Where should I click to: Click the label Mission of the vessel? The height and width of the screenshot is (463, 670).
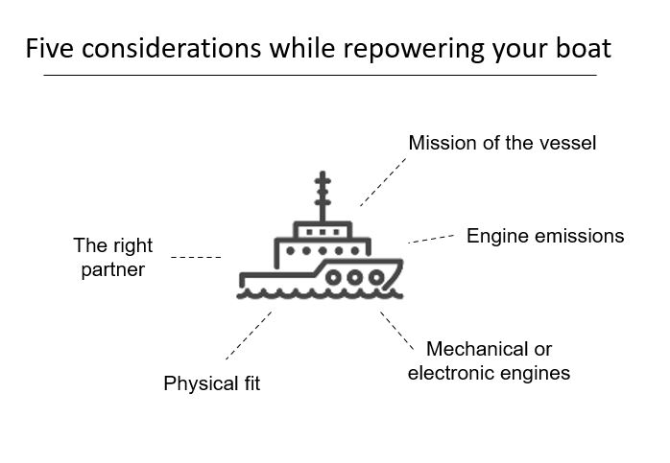point(502,143)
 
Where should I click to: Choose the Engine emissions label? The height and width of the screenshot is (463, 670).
point(545,236)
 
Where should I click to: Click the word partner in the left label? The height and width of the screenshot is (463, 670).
point(112,269)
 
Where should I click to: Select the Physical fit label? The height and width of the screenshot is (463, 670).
point(211,384)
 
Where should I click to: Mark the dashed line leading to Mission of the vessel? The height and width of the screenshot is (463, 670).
point(383,182)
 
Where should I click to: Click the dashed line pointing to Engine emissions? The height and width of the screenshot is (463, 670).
point(431,238)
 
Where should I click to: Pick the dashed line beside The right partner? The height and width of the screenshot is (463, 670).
point(196,257)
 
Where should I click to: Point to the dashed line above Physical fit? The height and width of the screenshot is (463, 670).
point(248,336)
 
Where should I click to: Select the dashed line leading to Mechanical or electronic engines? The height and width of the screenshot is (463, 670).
point(396,329)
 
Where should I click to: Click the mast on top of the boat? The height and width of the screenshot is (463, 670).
point(323,197)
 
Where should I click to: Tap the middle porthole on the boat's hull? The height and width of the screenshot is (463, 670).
point(354,277)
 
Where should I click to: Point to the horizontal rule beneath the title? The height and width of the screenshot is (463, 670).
point(320,75)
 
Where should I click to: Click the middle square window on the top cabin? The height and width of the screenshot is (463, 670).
point(323,231)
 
